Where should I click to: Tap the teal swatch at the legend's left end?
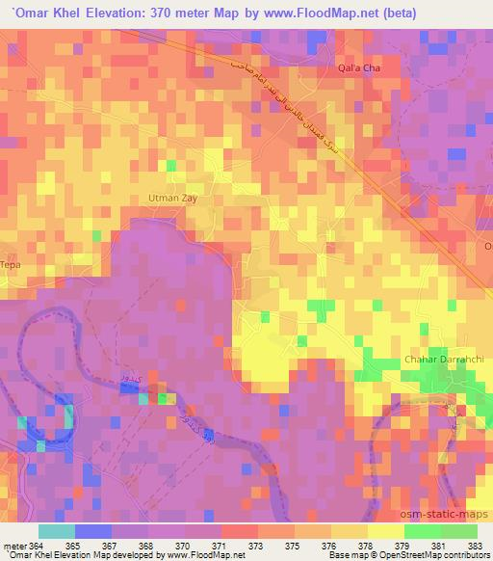tap(56, 531)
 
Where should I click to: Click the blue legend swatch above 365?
tap(91, 531)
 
